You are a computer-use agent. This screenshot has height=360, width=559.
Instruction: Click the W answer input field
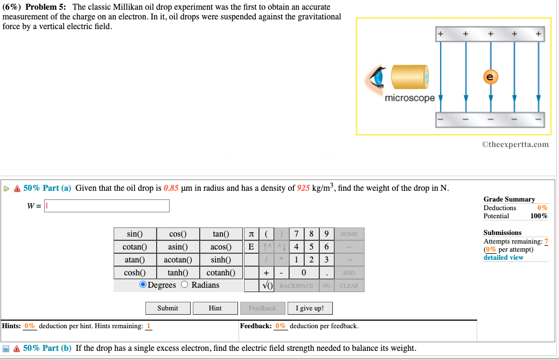[x=107, y=206]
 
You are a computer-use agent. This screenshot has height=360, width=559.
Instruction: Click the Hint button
[x=215, y=308]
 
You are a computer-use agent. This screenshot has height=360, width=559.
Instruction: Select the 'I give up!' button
[x=310, y=308]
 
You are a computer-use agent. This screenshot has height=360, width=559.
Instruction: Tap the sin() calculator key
[x=135, y=234]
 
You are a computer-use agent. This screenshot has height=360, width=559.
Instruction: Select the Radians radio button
[x=185, y=285]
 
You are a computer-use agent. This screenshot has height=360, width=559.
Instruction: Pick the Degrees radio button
[x=143, y=285]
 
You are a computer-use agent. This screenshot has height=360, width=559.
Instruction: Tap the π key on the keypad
[x=251, y=234]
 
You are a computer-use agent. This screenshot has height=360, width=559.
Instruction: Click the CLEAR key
[x=349, y=286]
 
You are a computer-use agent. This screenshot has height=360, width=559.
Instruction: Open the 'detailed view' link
[x=503, y=258]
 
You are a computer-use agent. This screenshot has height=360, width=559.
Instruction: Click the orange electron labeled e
[x=490, y=77]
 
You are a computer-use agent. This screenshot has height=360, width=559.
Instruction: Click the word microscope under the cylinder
[x=410, y=99]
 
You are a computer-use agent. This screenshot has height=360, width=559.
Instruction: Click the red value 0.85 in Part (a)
[x=171, y=188]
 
